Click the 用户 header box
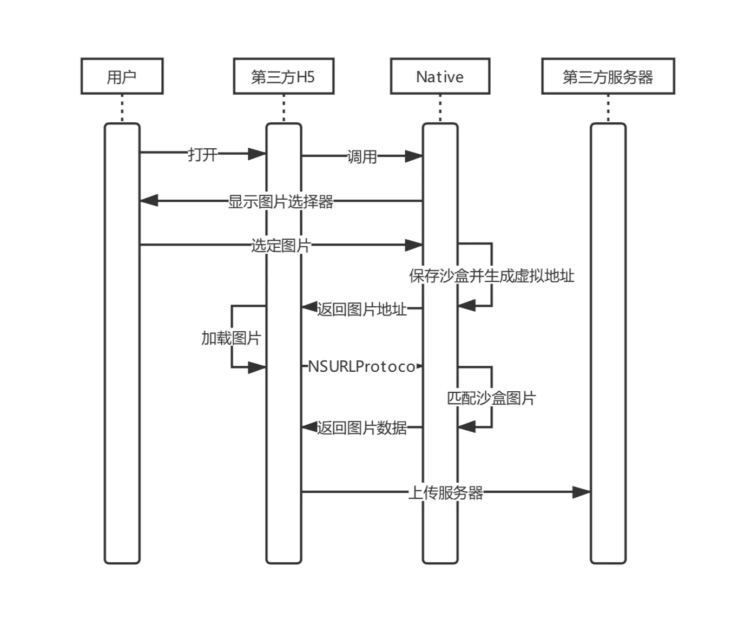122,76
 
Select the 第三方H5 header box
284,76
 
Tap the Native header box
440,76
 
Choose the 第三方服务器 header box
608,76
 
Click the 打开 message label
202,154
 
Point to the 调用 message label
362,157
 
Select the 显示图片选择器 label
281,201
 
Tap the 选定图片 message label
281,245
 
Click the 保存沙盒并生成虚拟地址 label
491,276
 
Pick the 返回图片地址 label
362,309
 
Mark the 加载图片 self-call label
231,338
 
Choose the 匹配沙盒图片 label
491,398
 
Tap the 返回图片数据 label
362,428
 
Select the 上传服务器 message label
445,492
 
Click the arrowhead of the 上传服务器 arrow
582,492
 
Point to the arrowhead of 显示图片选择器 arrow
149,201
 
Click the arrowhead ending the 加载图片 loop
257,368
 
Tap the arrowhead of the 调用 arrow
414,156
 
